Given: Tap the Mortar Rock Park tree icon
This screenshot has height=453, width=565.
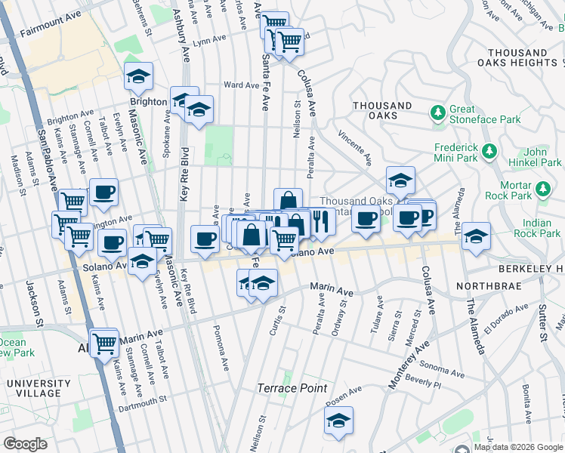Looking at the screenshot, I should [x=542, y=188].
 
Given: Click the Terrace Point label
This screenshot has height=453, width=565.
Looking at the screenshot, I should [x=292, y=388].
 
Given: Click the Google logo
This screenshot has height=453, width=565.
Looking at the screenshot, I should [x=25, y=443].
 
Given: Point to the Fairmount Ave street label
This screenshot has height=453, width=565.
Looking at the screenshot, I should [x=51, y=34].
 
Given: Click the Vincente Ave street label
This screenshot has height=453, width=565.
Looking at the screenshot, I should [x=355, y=146].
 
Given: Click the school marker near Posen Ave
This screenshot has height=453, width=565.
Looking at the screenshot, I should [x=339, y=421].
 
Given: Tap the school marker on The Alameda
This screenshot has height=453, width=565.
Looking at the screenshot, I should [x=477, y=236].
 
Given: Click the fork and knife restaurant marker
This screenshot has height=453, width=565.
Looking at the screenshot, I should [x=322, y=220].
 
